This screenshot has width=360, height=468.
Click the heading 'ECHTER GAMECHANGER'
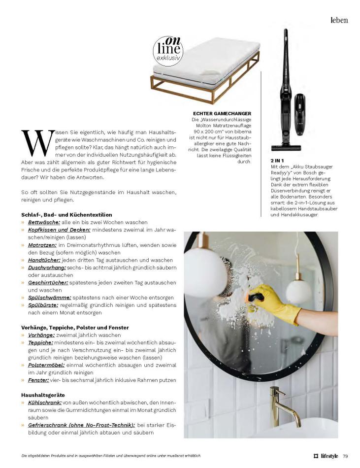pos(223,113)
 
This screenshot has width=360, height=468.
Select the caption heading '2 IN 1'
pos(278,161)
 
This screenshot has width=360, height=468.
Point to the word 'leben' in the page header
pos(339,20)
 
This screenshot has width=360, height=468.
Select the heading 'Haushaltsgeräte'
pos(43,395)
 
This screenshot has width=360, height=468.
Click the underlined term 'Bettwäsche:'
pos(44,222)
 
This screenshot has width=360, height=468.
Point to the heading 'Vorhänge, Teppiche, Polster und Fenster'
pos(75,327)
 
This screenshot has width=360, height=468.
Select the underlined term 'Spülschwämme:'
pos(49,297)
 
